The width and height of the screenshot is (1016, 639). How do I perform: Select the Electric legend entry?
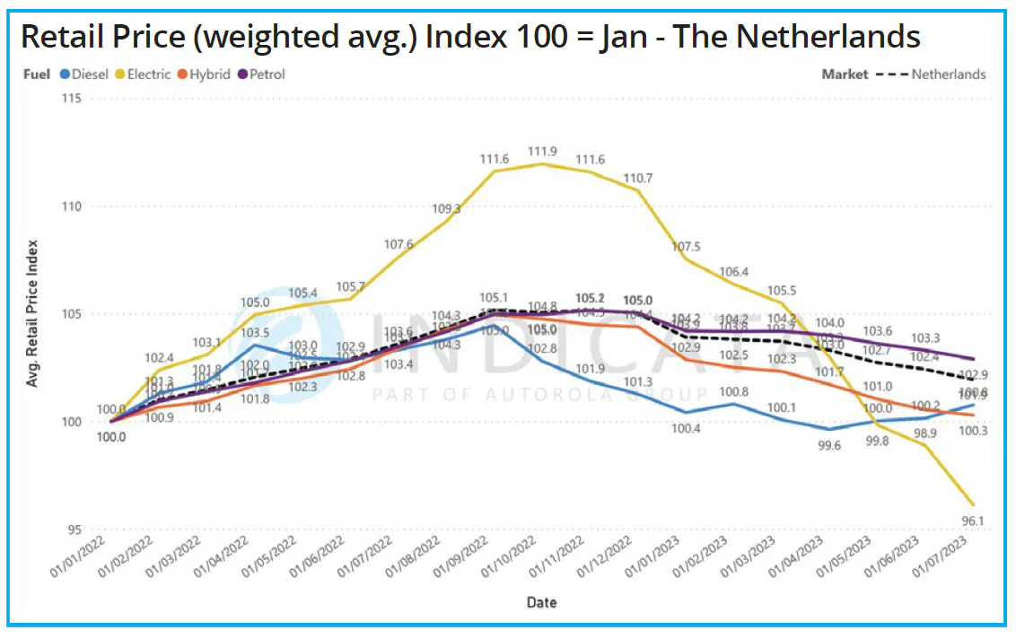[x=142, y=74]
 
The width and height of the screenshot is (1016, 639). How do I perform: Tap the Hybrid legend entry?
[x=206, y=74]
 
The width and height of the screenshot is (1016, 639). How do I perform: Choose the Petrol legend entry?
[x=261, y=74]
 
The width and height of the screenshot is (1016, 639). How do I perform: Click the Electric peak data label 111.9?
[x=542, y=151]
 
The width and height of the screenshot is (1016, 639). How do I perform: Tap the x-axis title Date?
[x=541, y=602]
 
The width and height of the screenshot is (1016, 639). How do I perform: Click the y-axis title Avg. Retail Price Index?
[x=33, y=313]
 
